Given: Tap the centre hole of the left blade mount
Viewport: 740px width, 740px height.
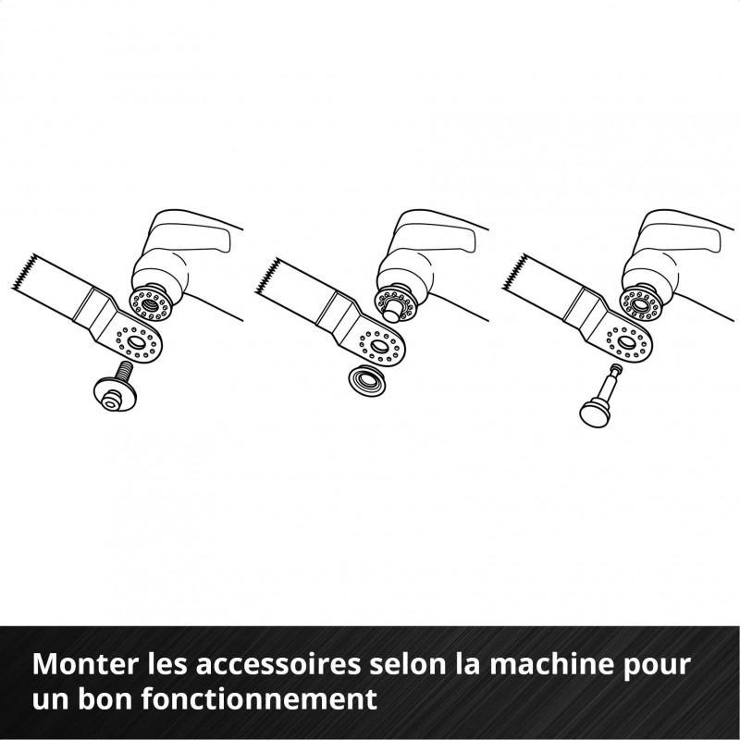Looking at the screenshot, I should click(x=135, y=343).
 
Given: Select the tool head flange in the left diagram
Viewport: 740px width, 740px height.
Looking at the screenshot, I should click(x=145, y=301).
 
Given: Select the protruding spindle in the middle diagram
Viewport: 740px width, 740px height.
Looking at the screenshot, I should click(x=388, y=302).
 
